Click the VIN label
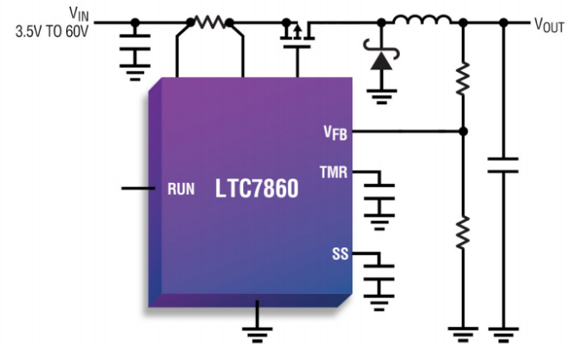click(x=76, y=14)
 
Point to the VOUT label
click(x=549, y=25)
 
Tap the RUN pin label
click(x=180, y=189)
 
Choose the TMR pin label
click(x=333, y=172)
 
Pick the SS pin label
click(x=340, y=253)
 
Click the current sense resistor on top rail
click(x=208, y=21)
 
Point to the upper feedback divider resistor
click(x=463, y=79)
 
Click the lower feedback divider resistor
click(x=463, y=232)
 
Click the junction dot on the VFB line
click(x=463, y=131)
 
